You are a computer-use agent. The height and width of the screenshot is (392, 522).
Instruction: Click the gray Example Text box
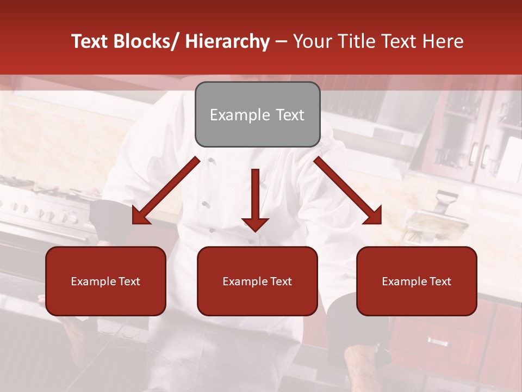257,114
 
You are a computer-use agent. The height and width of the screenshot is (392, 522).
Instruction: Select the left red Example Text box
105,281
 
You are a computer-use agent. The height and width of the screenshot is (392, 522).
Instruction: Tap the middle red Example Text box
257,281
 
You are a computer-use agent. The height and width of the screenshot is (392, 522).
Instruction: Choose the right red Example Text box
417,281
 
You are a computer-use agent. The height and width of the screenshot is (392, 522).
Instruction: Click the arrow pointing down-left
166,191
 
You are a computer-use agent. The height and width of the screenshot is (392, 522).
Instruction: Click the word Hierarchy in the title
227,42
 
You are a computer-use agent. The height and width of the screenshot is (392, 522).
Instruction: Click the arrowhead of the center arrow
255,223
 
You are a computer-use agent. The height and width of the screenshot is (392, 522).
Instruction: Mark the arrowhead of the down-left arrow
140,216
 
